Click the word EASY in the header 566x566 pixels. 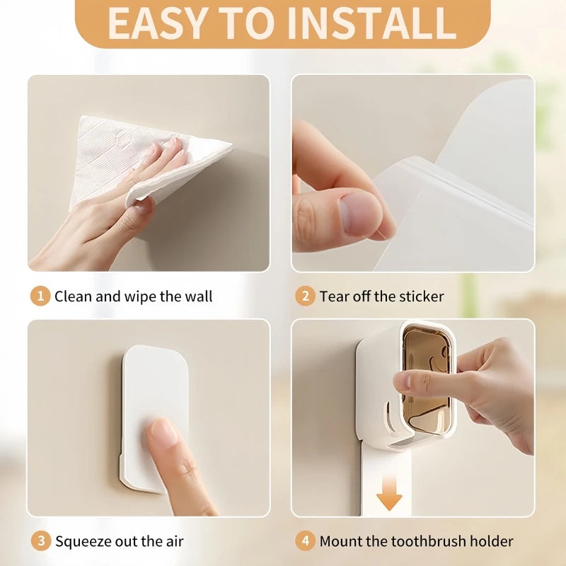tap(156, 23)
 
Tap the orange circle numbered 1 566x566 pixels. tap(40, 296)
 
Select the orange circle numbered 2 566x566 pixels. tap(305, 296)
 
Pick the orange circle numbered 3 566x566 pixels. tap(41, 541)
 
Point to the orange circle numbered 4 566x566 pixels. tap(305, 541)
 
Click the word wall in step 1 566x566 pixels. tap(199, 296)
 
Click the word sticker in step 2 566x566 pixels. tap(420, 296)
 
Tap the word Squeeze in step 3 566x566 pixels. tap(83, 542)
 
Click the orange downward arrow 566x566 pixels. tap(389, 492)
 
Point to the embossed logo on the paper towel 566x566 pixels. tap(122, 137)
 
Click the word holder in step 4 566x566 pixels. tap(491, 541)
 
